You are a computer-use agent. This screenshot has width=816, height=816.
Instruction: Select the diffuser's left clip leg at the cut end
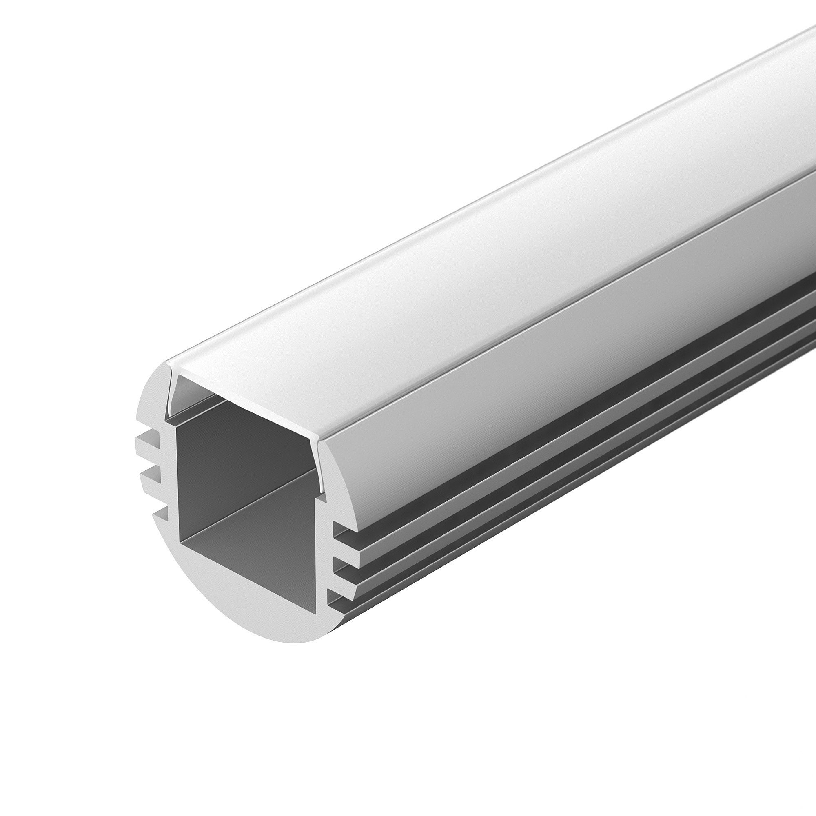173,393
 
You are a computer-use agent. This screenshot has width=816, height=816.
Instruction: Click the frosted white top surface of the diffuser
465,253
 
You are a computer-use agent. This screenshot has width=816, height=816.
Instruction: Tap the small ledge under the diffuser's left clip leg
169,418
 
